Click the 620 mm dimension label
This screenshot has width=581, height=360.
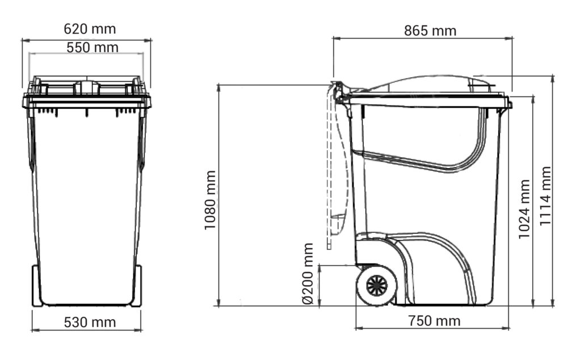[x=90, y=29]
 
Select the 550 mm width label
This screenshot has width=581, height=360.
[x=92, y=48]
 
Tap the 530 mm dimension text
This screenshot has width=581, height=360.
[x=90, y=322]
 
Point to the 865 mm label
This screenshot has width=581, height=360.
[x=430, y=31]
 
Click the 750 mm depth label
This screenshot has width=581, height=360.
[x=434, y=321]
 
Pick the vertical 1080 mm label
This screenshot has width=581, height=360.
[x=210, y=200]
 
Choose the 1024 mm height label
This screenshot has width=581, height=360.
[x=524, y=209]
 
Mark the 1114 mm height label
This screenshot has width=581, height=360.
[x=545, y=196]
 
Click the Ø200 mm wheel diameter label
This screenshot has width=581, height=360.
[x=308, y=274]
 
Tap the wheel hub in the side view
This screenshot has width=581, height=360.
[x=377, y=286]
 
